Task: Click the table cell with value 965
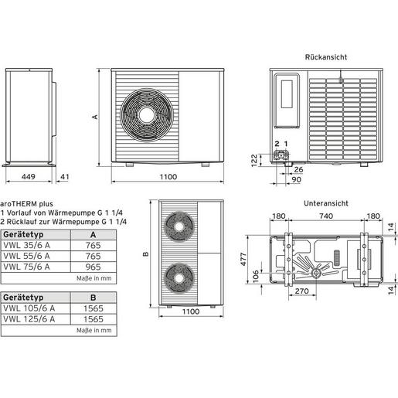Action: (x=94, y=266)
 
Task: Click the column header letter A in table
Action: (x=93, y=233)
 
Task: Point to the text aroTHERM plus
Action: (x=27, y=204)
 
